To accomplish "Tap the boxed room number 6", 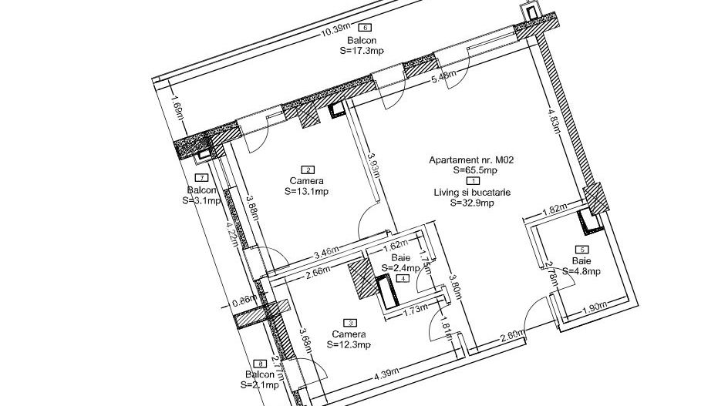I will [x=376, y=29].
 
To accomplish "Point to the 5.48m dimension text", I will [x=443, y=77].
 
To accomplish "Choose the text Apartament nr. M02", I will [x=471, y=160].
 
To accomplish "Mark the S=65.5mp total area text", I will [x=475, y=170].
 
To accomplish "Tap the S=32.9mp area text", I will [x=474, y=203].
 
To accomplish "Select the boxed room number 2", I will [x=309, y=170].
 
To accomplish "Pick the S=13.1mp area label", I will [x=307, y=191].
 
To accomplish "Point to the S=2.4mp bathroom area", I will [x=400, y=268].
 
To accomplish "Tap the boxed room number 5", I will [x=582, y=250].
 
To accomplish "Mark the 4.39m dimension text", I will [x=386, y=375].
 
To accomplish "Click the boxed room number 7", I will [x=203, y=179].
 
